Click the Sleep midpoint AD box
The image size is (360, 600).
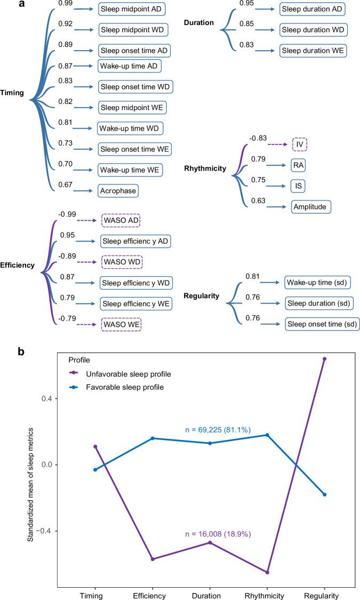pos(133,10)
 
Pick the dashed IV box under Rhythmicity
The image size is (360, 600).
pos(300,145)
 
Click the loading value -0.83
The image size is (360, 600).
pos(258,138)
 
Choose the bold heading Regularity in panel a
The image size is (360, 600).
pos(201,295)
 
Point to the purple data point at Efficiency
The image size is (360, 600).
pos(153,559)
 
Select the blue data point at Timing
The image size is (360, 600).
pos(95,470)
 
